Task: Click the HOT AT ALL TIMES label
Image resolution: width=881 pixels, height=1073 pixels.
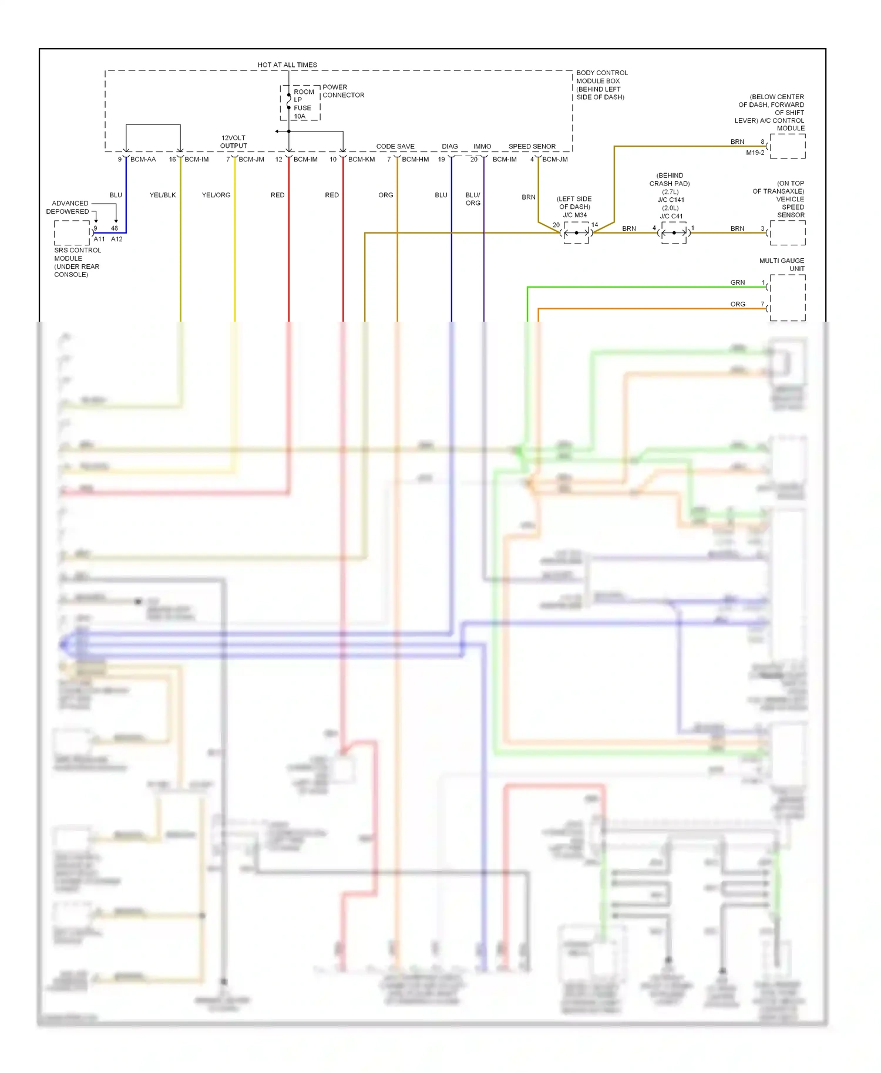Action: point(287,65)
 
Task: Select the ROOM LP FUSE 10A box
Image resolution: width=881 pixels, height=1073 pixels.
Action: point(300,103)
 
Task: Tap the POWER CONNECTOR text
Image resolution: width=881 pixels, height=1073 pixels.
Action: point(343,91)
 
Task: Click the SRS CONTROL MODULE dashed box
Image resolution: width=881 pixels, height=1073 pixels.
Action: point(72,232)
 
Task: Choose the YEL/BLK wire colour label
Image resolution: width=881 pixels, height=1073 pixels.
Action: point(163,195)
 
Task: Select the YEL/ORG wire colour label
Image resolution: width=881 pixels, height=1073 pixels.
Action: point(216,195)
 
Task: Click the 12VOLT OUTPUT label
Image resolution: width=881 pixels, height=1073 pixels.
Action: point(234,142)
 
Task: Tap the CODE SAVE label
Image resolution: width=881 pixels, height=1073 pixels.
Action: point(395,146)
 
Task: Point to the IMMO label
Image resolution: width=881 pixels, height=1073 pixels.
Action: point(482,146)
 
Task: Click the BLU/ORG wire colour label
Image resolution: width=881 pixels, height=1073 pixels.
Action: point(473,199)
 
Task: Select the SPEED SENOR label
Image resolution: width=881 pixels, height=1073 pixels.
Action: point(532,146)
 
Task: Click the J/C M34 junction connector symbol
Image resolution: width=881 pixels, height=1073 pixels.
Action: point(576,233)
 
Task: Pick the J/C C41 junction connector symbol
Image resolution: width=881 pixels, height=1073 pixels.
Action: point(674,233)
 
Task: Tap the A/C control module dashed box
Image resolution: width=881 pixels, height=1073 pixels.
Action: point(788,146)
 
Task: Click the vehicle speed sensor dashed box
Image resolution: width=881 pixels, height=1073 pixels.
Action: point(788,233)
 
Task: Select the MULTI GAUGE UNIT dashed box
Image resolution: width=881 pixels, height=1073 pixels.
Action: point(788,298)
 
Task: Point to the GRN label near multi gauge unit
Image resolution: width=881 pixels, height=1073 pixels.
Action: point(738,282)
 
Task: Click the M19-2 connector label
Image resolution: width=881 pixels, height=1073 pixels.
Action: point(755,153)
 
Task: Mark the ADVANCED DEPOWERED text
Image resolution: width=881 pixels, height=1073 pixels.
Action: point(68,207)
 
